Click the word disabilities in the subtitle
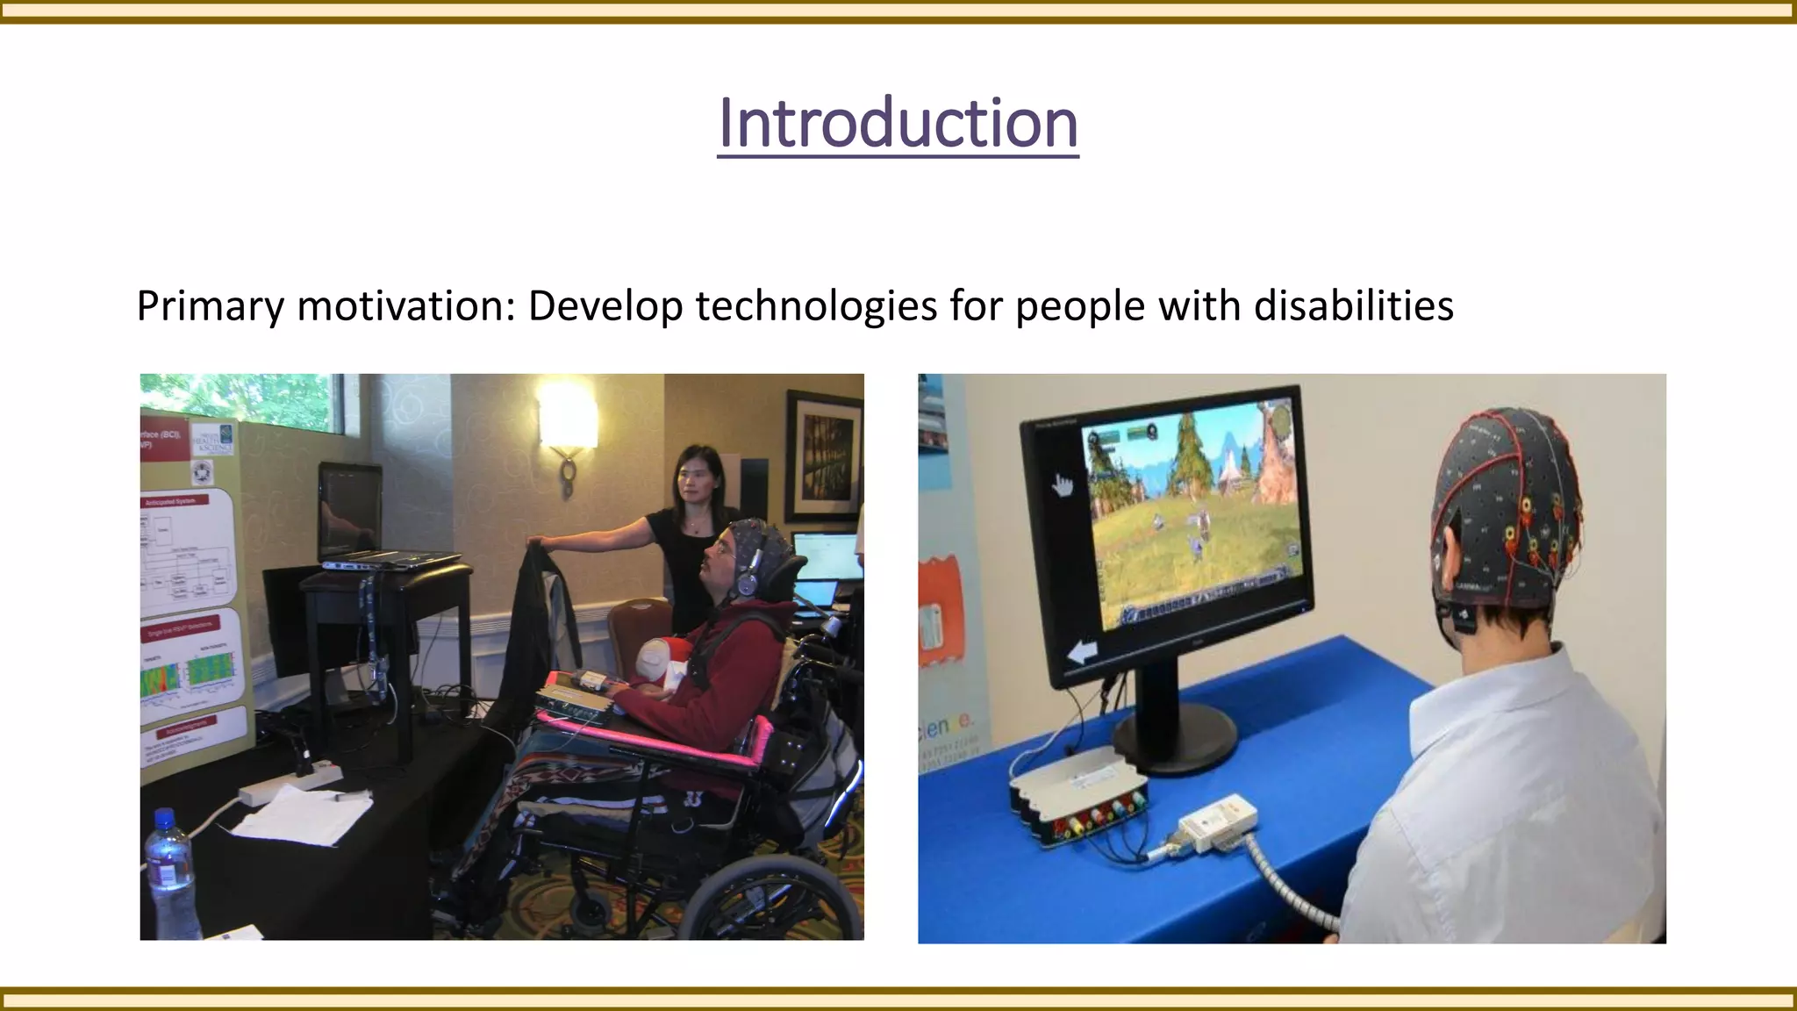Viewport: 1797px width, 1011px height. [x=1353, y=306]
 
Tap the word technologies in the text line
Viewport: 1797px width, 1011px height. [x=816, y=306]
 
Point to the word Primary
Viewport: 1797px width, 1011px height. [x=211, y=306]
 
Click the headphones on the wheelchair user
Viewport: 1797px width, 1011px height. [x=748, y=579]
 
